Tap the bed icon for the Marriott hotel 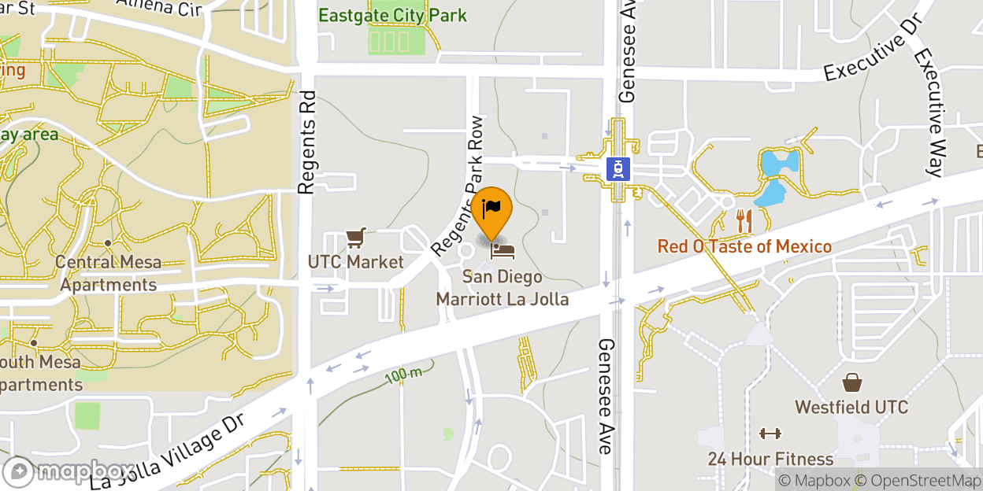(503, 251)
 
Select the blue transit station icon (618, 168)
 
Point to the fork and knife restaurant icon (744, 220)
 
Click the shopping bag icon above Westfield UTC (851, 383)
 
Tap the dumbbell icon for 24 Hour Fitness (770, 434)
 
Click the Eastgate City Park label (392, 15)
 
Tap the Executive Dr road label (872, 49)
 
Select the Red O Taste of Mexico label (744, 246)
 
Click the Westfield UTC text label (851, 408)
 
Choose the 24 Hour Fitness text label (770, 459)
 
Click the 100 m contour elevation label (403, 375)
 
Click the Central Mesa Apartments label (109, 273)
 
